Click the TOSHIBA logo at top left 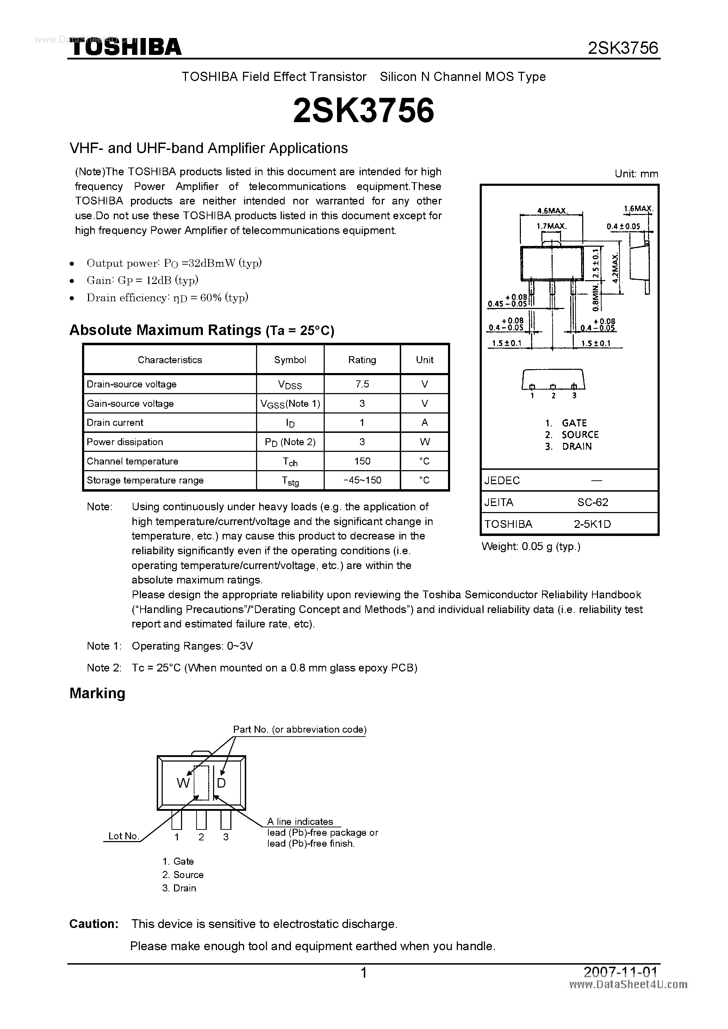click(125, 46)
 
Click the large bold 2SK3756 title click(363, 111)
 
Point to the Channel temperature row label click(132, 461)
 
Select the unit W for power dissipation click(424, 442)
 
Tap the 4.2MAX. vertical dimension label click(615, 267)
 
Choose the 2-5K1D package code click(592, 524)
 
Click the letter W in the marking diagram click(183, 783)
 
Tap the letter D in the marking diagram click(221, 783)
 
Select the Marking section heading click(97, 693)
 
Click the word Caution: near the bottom click(94, 924)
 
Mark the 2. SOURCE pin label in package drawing click(572, 434)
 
